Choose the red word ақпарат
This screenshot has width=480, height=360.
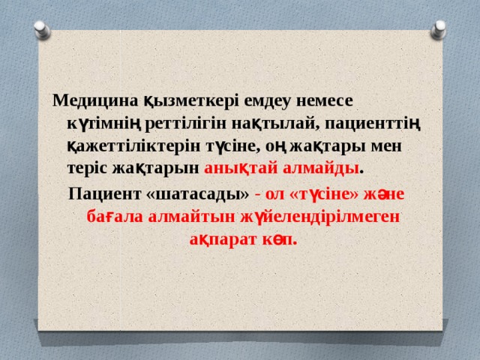point(218,240)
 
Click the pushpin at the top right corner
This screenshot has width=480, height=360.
point(439,28)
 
